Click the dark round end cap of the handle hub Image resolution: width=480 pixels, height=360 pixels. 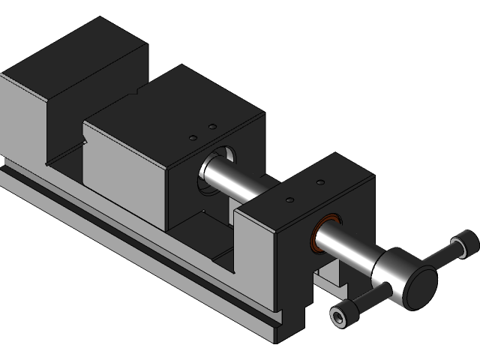[419, 287]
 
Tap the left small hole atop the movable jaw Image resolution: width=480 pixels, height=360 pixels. [193, 138]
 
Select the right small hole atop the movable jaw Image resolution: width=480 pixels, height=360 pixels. [212, 126]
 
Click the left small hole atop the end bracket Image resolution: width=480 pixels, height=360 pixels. [290, 200]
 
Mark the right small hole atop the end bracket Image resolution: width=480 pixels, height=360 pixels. [320, 182]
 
